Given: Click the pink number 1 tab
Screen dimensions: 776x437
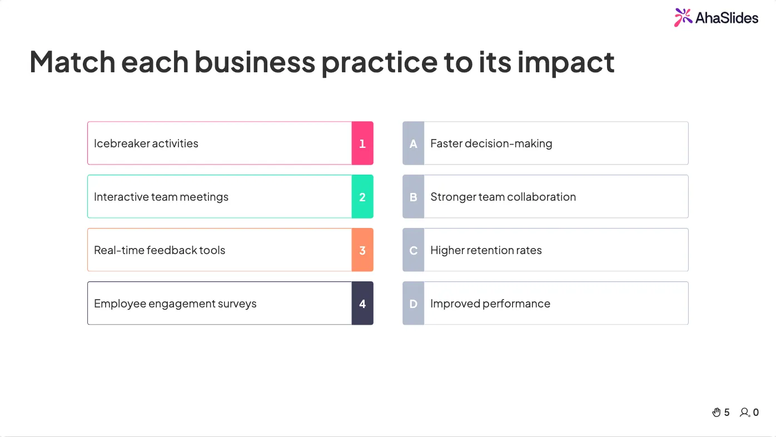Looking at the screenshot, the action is click(x=362, y=143).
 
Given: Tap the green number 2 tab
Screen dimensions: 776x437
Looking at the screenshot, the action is click(x=362, y=196).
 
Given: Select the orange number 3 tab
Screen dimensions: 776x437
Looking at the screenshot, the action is click(x=362, y=250).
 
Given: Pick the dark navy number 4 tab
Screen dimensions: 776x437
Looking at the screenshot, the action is click(x=362, y=303).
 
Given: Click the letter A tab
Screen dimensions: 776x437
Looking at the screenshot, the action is click(x=413, y=143).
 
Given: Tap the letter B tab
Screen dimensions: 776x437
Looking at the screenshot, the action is click(x=413, y=196).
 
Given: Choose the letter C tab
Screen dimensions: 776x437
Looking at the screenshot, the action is click(x=413, y=250).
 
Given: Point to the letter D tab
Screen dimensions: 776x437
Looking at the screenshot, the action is click(x=413, y=303).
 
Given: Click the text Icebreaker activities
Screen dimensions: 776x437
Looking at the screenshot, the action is click(x=146, y=143).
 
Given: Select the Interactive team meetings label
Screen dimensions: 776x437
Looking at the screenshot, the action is click(x=161, y=197).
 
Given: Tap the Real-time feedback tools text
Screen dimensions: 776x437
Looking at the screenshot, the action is click(x=160, y=250).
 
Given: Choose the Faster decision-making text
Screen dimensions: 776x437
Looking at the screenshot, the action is click(x=491, y=143).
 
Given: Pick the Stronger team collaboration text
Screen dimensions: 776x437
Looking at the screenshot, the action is click(x=503, y=197).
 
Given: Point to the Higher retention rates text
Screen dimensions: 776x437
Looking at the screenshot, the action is click(x=486, y=250).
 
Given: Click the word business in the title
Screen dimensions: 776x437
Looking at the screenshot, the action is click(x=255, y=62).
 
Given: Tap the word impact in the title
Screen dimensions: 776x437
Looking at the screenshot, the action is click(x=566, y=62).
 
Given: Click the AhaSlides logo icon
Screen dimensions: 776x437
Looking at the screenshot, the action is click(x=683, y=17).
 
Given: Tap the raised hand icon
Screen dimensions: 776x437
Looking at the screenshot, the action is click(x=716, y=412).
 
